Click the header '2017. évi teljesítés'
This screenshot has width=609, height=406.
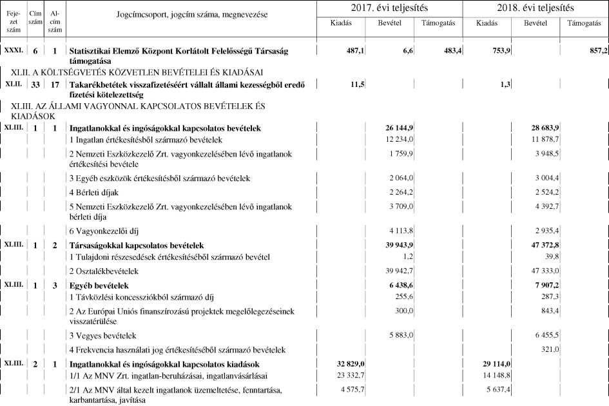pos(390,8)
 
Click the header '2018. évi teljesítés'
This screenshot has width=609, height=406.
pos(536,8)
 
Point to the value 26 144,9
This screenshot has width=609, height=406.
pos(404,129)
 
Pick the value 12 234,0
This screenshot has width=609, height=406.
pos(405,140)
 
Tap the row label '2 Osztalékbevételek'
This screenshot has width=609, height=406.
pos(104,271)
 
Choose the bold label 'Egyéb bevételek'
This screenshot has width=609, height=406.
pos(99,285)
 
